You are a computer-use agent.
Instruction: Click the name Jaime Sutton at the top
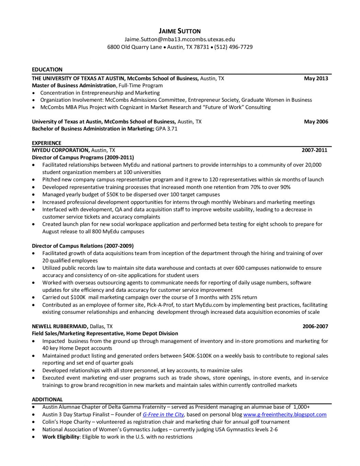pyautogui.click(x=180, y=31)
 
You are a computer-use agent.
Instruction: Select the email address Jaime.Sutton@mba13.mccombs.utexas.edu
pyautogui.click(x=180, y=39)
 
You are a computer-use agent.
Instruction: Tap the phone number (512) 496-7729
pyautogui.click(x=233, y=47)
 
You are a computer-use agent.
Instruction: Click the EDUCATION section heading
pyautogui.click(x=47, y=69)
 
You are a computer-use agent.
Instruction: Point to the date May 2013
pyautogui.click(x=316, y=78)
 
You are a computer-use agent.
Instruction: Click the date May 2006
pyautogui.click(x=316, y=122)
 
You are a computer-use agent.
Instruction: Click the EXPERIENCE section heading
pyautogui.click(x=46, y=143)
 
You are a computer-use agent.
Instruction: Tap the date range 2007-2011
pyautogui.click(x=314, y=150)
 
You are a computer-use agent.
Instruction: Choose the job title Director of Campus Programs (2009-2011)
pyautogui.click(x=83, y=157)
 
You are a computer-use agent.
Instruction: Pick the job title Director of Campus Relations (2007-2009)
pyautogui.click(x=83, y=246)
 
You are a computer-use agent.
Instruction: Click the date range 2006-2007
pyautogui.click(x=315, y=326)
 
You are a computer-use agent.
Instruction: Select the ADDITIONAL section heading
pyautogui.click(x=47, y=400)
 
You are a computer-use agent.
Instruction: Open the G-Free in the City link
pyautogui.click(x=163, y=414)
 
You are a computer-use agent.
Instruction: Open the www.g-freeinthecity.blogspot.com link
pyautogui.click(x=285, y=414)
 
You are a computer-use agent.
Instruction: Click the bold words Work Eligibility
pyautogui.click(x=61, y=437)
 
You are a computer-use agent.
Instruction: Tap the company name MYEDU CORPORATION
pyautogui.click(x=60, y=150)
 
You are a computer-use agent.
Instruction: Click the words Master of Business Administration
pyautogui.click(x=74, y=86)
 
